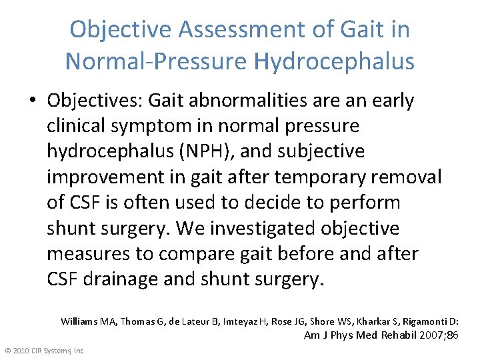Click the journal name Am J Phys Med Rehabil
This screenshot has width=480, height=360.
click(360, 335)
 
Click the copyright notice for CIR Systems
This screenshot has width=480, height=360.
click(45, 350)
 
